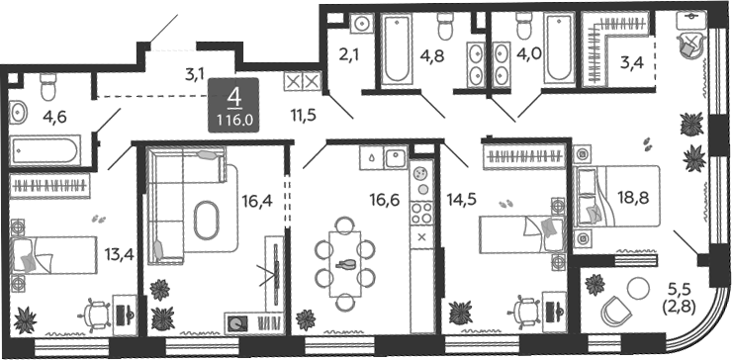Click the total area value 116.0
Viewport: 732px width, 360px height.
[233, 120]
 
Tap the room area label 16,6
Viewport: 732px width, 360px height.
[384, 201]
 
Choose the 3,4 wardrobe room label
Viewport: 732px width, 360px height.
[632, 61]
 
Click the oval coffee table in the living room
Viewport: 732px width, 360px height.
[206, 220]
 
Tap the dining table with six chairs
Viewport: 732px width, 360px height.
[345, 264]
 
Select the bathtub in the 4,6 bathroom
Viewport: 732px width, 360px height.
[46, 149]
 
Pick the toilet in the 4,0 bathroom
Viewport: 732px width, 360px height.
[524, 27]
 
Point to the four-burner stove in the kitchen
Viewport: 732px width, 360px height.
[422, 213]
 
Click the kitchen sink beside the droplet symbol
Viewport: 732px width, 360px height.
[396, 157]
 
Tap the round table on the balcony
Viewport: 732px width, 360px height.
[638, 289]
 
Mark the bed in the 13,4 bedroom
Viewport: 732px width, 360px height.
[53, 255]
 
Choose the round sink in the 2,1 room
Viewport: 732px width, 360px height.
[361, 23]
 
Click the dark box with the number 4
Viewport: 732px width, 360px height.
[233, 105]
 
